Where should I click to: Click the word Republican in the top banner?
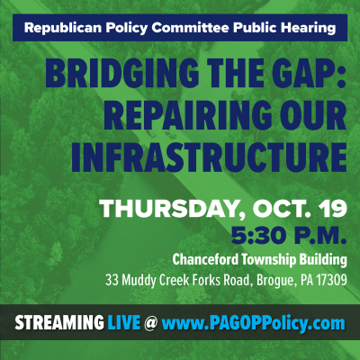[63, 28]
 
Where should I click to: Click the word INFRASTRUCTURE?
[209, 157]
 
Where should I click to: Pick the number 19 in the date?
[334, 209]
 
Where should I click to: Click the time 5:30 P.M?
[289, 236]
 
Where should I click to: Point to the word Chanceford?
[205, 259]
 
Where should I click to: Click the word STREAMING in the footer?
[59, 323]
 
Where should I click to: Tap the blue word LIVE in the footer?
[124, 323]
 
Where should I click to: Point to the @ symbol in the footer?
[151, 323]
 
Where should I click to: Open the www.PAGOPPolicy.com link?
[254, 324]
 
